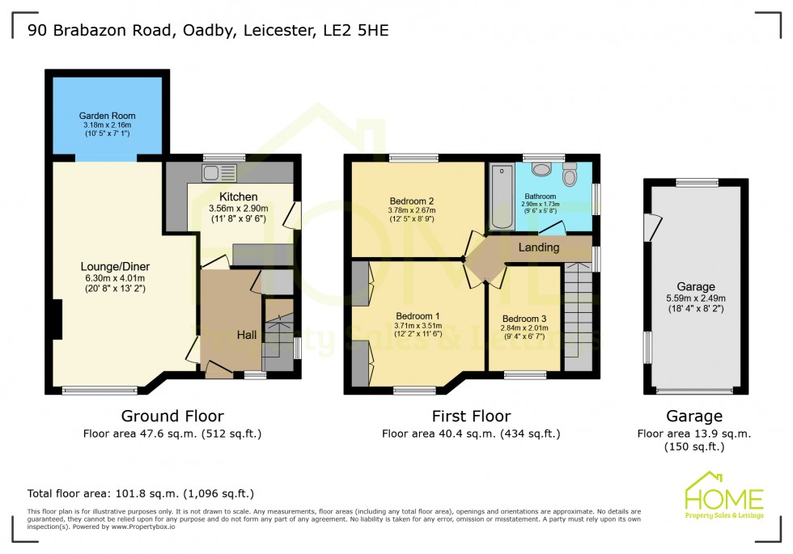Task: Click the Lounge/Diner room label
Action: point(115,266)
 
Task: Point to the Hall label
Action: point(248,334)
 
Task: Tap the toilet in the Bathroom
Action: point(570,174)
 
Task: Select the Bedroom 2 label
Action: point(412,201)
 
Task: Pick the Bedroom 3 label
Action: point(524,319)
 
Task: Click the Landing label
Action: point(539,247)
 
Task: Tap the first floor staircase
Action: point(579,315)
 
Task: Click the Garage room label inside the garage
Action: point(696,286)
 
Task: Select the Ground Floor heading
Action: point(172,417)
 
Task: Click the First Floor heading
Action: point(470,417)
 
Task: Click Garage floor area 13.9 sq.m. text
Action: point(694,433)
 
